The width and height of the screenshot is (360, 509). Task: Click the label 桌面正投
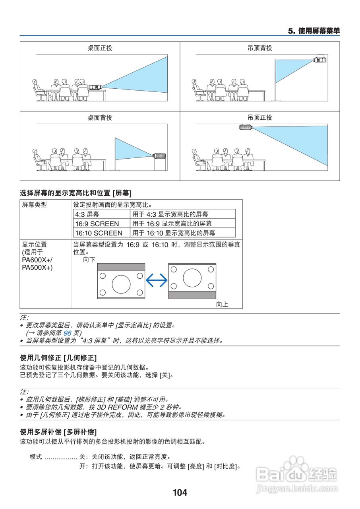click(100, 48)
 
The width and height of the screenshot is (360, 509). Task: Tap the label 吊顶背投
click(260, 48)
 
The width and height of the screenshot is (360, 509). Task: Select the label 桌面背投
click(100, 118)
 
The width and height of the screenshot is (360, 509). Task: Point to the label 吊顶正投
click(260, 118)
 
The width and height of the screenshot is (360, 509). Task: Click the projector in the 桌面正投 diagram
click(94, 86)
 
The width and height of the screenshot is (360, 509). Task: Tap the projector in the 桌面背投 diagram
click(159, 155)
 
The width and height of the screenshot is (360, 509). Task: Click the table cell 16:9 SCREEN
click(97, 223)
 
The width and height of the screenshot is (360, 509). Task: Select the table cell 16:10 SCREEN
click(99, 233)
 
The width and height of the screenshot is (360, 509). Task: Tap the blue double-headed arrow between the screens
click(157, 281)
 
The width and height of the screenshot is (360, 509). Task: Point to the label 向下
click(89, 260)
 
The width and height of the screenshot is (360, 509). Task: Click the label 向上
click(222, 305)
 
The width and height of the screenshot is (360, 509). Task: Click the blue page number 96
click(68, 333)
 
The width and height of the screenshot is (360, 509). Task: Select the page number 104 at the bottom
click(180, 493)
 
